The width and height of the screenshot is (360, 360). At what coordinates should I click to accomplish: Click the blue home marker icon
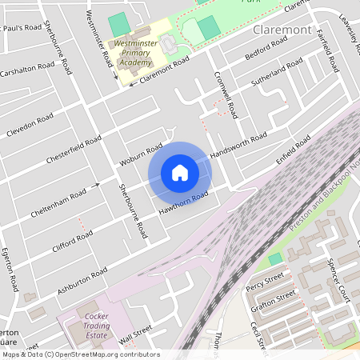pos(180,173)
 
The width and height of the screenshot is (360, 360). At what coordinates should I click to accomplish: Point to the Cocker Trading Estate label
pos(96,326)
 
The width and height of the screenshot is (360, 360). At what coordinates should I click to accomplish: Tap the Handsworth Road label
pos(238,145)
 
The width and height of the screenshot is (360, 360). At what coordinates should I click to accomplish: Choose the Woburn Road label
pos(141,155)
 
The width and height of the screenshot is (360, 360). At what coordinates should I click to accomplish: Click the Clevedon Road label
pos(30,125)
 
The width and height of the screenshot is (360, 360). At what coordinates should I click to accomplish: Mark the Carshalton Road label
pos(27,70)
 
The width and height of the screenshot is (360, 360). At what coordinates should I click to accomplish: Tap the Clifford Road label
pos(73,238)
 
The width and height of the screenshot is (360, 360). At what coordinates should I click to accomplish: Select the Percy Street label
pos(265,280)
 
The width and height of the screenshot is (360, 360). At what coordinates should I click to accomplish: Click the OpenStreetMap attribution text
pos(80,354)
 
